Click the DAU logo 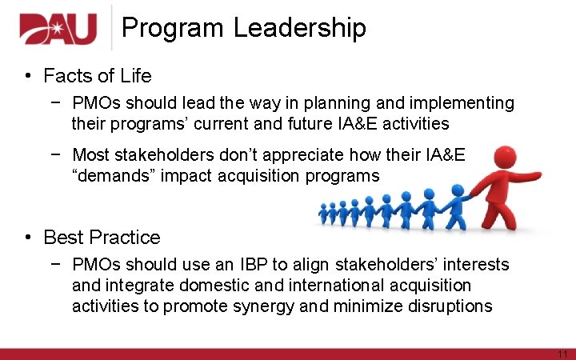(x=58, y=29)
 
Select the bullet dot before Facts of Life (x=27, y=76)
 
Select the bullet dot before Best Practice (x=27, y=238)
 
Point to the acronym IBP (x=256, y=265)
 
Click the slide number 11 (x=562, y=354)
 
